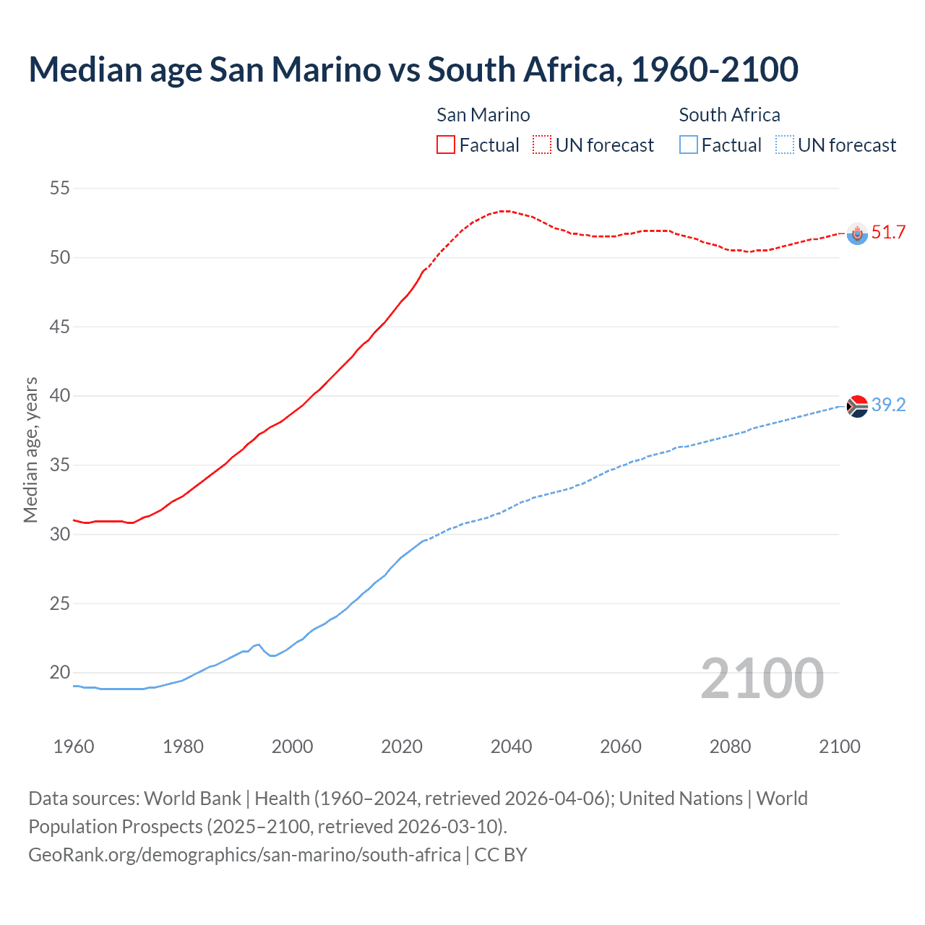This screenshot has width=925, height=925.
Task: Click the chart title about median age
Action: click(x=413, y=69)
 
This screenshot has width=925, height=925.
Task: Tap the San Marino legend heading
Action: click(x=483, y=115)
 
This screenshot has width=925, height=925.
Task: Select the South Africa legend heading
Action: click(x=729, y=115)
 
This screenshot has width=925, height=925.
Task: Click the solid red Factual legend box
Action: click(x=446, y=145)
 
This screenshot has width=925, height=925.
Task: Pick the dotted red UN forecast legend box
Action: click(x=542, y=145)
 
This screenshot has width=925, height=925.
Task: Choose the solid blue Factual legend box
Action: click(x=689, y=145)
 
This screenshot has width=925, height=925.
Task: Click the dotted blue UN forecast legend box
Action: click(x=785, y=145)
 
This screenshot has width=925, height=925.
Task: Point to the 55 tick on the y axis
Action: click(x=59, y=189)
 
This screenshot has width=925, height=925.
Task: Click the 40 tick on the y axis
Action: click(x=59, y=396)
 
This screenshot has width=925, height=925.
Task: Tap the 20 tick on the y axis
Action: click(x=59, y=673)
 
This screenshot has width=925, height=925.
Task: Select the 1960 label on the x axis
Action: click(x=74, y=747)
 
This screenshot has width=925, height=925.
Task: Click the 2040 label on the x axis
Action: click(x=511, y=747)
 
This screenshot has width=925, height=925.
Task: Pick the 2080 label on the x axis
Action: click(x=730, y=747)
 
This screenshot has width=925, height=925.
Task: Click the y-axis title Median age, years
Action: click(x=30, y=449)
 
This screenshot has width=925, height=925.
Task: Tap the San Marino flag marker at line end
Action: click(x=857, y=233)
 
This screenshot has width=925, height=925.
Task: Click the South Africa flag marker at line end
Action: click(x=857, y=407)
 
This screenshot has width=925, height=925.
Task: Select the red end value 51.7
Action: click(x=888, y=233)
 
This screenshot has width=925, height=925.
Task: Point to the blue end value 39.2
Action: click(x=888, y=405)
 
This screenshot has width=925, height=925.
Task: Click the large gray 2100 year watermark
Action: click(x=762, y=678)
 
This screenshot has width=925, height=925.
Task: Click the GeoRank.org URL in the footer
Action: click(x=244, y=855)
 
